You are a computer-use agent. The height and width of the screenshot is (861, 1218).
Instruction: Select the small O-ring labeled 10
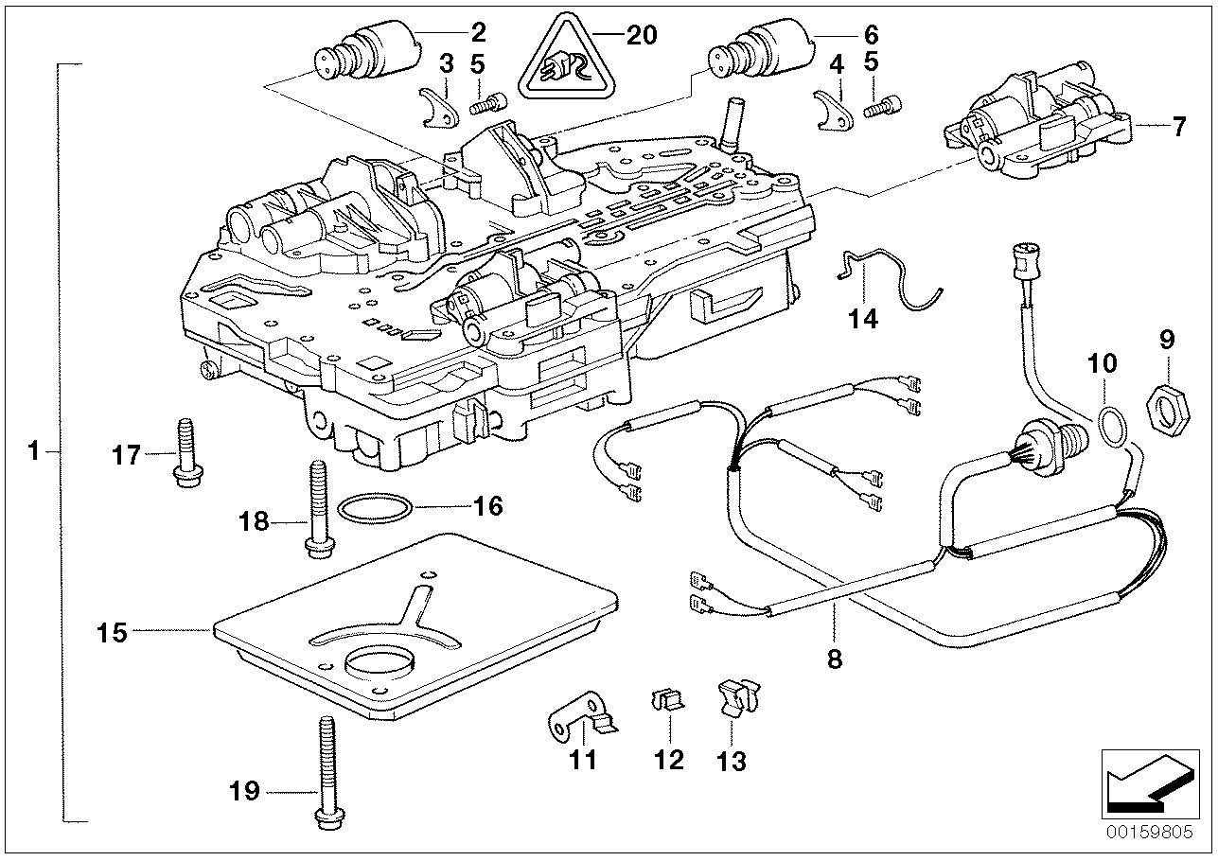[x=1115, y=426]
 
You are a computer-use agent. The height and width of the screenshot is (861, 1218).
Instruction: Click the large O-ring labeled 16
[x=375, y=511]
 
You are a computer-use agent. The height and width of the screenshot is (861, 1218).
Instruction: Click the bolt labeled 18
[x=314, y=507]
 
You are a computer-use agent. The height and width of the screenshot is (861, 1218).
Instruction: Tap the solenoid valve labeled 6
[x=771, y=49]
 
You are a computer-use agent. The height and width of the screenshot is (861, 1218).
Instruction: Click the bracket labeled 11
[x=581, y=718]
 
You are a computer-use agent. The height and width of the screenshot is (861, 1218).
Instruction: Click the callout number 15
[x=112, y=632]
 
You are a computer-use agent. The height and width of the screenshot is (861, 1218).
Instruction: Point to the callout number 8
[x=834, y=659]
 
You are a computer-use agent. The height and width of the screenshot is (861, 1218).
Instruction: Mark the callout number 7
[x=1178, y=126]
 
